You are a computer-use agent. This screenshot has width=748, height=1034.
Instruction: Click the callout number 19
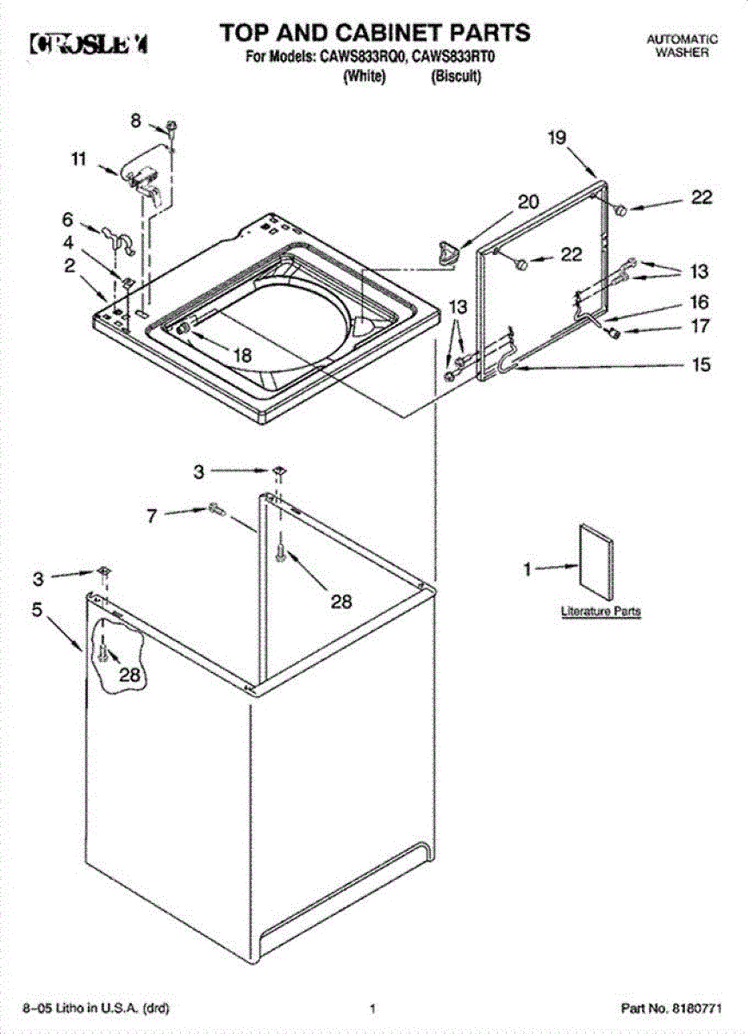[x=558, y=137]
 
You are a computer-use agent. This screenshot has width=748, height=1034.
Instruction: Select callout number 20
[x=527, y=202]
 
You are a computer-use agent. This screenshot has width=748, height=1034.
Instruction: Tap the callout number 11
[x=79, y=159]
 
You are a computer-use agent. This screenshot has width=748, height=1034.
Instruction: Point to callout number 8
[x=136, y=121]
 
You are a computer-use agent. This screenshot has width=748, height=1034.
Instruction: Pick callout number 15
[x=702, y=364]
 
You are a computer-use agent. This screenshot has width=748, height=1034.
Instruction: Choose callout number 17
[x=700, y=327]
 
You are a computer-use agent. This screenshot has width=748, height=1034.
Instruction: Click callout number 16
[x=700, y=302]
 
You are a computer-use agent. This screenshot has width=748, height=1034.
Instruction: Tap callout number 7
[x=153, y=515]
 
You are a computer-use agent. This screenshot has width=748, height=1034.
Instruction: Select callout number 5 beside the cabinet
[x=37, y=609]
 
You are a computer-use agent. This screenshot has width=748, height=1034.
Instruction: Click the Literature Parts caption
[x=601, y=611]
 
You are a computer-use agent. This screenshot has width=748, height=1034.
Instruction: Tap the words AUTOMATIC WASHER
[x=682, y=46]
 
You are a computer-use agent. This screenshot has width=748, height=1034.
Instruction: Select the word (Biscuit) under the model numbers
[x=455, y=76]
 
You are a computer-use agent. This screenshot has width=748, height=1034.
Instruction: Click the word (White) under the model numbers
[x=364, y=76]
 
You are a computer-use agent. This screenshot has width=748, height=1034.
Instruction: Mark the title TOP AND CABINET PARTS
[x=374, y=33]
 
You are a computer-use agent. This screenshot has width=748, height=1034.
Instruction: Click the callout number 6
[x=67, y=220]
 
